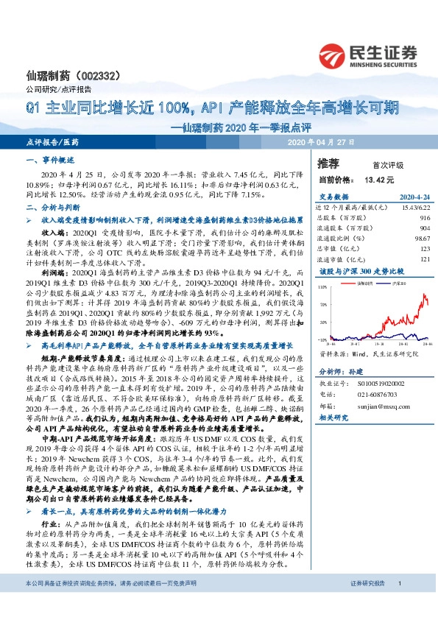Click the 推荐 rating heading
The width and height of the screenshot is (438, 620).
(329, 163)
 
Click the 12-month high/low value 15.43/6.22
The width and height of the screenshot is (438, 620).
(414, 209)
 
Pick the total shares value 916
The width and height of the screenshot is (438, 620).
(424, 219)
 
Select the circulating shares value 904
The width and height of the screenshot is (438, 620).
(424, 228)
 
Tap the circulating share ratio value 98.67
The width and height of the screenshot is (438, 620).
(422, 238)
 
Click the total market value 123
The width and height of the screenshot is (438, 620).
(424, 248)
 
